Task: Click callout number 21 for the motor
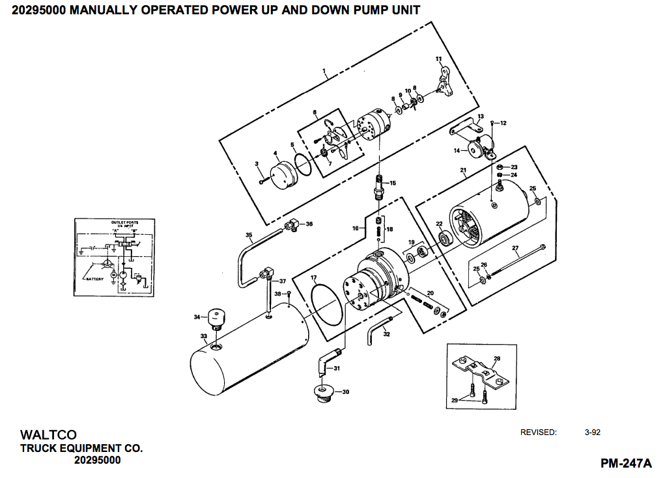tap(463, 171)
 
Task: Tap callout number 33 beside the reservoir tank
tap(204, 336)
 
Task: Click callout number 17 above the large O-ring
tap(313, 278)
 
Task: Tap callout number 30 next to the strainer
tap(346, 392)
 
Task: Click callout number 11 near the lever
tap(438, 59)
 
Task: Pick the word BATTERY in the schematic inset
tap(98, 278)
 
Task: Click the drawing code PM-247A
tap(625, 463)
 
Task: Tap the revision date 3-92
tap(592, 432)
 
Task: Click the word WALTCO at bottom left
tap(48, 434)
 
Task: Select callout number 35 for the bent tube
tap(248, 235)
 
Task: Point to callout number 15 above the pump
tap(393, 183)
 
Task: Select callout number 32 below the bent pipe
tap(386, 334)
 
